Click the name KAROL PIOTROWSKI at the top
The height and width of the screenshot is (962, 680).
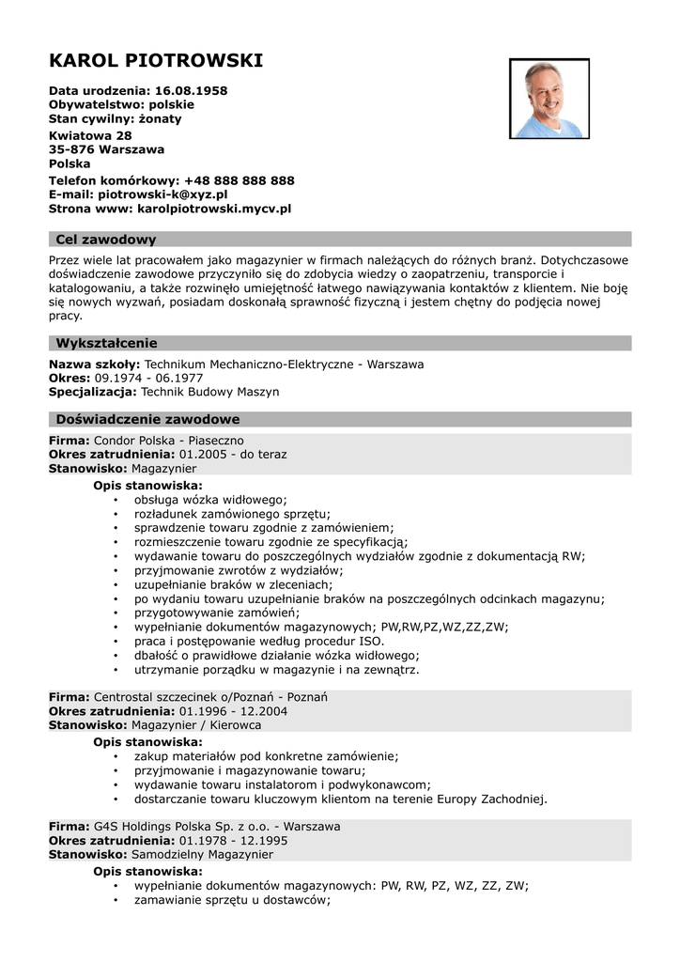click(x=156, y=62)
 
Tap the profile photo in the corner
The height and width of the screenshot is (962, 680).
click(x=549, y=99)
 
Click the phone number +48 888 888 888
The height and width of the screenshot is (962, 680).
click(x=240, y=180)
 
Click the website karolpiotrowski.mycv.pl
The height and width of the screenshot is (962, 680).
click(x=214, y=209)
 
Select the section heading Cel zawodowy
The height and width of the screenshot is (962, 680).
click(x=106, y=240)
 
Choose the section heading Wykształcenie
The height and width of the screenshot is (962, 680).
click(x=106, y=343)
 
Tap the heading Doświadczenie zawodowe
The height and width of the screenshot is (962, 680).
click(x=147, y=419)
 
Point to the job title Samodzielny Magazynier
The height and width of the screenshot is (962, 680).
click(x=202, y=855)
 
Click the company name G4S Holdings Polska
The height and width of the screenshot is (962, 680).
click(x=152, y=827)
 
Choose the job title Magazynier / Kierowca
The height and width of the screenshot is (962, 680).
click(x=196, y=725)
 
